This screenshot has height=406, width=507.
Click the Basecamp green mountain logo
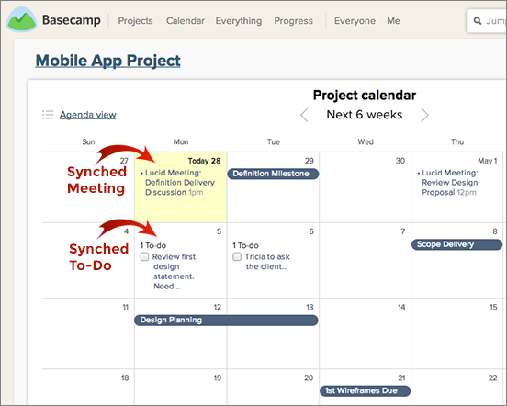pos(21,19)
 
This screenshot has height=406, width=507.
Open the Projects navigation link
pos(136,21)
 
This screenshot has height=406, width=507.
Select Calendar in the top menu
pos(186,21)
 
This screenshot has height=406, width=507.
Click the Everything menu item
pos(239,21)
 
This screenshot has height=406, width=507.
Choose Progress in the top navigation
pos(294,21)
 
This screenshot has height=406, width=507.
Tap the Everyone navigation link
pos(355,21)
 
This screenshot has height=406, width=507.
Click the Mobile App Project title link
pos(108,61)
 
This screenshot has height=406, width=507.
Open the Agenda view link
pos(87,115)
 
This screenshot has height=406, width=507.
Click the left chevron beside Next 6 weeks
pos(304,115)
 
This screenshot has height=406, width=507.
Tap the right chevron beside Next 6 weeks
pos(425,115)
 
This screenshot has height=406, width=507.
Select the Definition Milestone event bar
pos(273,174)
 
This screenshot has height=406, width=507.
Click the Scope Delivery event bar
pos(456,244)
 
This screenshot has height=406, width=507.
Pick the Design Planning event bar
pos(226,320)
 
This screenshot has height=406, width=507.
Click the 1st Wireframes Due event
pos(365,390)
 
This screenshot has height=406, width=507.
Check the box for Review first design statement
pos(144,256)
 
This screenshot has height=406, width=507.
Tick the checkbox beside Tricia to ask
pos(237,256)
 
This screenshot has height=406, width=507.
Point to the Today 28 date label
pos(204,161)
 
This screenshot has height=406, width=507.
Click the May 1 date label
pos(488,161)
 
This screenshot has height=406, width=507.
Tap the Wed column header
pos(366,141)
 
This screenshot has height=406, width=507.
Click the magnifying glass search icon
pos(478,21)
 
